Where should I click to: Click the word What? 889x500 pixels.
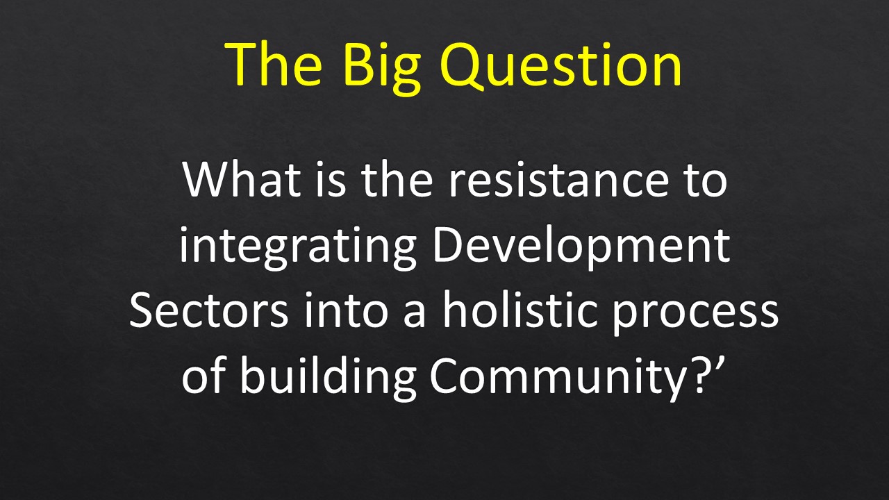[241, 178]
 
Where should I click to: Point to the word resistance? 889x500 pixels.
[558, 179]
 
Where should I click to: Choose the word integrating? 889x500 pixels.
[298, 247]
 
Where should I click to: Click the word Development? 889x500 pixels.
[582, 247]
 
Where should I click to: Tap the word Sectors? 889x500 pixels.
[209, 310]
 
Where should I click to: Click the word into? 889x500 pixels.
[345, 310]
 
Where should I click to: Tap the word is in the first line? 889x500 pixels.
[331, 180]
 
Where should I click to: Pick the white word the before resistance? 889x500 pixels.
[397, 178]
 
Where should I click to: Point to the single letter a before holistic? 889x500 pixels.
[415, 315]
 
